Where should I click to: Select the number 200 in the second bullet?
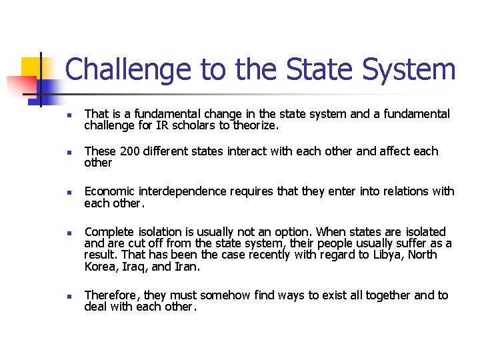click(130, 151)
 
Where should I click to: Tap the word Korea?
click(100, 267)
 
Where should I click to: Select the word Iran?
click(187, 267)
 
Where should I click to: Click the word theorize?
click(253, 125)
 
